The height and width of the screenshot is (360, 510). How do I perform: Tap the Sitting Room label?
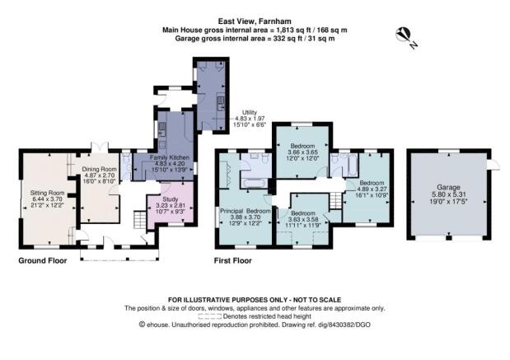(x=47, y=193)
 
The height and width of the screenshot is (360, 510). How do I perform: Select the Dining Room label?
(x=99, y=169)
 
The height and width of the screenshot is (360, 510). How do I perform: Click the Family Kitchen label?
(x=169, y=157)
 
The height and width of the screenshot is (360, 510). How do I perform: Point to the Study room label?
(x=170, y=199)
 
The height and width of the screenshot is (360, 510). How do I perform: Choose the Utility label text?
(x=250, y=113)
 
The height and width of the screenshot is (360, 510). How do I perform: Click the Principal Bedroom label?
(x=246, y=211)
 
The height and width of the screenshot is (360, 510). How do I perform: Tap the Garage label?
(x=448, y=187)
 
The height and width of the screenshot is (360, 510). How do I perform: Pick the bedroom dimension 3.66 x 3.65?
(x=302, y=152)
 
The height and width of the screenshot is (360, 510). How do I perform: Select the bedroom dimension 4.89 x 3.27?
(x=372, y=189)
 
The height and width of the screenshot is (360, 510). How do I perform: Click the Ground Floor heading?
(x=43, y=260)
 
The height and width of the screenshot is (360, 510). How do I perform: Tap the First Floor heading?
(x=233, y=260)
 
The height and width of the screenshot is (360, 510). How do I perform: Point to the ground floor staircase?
(x=140, y=220)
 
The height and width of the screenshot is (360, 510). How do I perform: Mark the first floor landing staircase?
(x=335, y=201)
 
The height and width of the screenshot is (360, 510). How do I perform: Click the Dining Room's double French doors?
(x=100, y=147)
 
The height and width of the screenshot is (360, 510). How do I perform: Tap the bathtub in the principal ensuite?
(x=256, y=184)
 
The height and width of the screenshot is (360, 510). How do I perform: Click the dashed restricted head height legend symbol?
(x=210, y=316)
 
